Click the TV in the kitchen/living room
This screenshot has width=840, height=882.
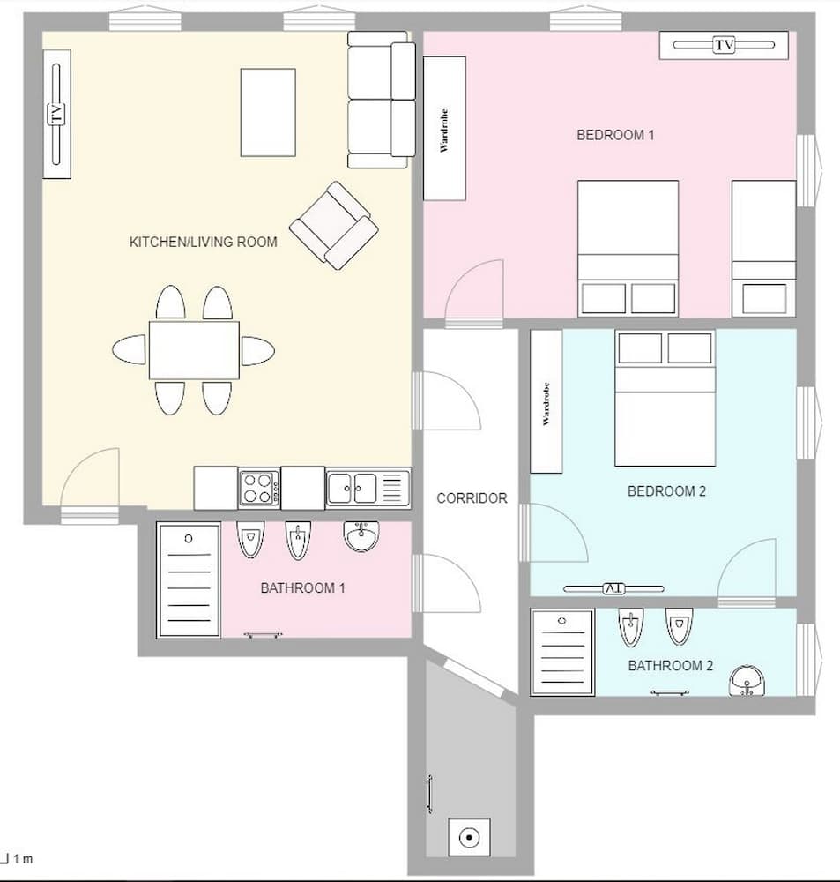tap(56, 114)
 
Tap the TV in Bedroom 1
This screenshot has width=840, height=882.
tap(723, 45)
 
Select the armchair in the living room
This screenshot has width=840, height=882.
tap(333, 225)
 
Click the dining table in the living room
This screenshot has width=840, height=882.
tap(194, 350)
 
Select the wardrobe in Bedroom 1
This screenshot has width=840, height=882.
tap(444, 128)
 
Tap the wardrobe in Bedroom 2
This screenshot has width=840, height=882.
tap(546, 402)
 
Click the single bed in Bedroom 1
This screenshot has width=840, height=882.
tap(763, 248)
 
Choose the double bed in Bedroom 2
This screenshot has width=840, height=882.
tap(665, 399)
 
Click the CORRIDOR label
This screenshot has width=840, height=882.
tap(472, 498)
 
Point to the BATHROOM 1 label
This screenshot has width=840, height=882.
tap(302, 588)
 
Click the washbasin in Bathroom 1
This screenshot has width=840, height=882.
tap(361, 535)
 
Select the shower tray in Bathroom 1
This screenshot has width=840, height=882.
tap(188, 580)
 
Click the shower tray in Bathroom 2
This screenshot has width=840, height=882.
tap(561, 652)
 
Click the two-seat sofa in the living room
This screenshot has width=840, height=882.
tap(381, 100)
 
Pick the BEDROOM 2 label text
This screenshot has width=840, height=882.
tap(666, 491)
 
